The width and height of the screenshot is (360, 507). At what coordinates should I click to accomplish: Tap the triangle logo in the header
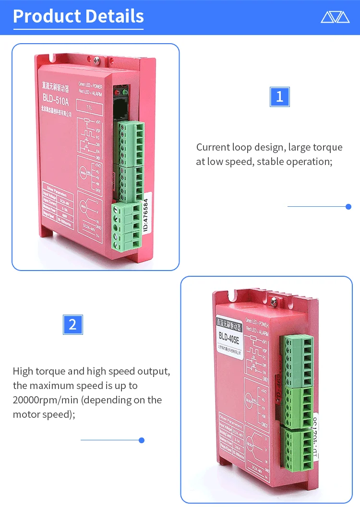335,17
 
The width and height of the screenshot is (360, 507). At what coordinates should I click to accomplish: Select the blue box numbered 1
280,96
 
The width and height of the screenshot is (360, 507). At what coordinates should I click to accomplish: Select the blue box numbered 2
73,324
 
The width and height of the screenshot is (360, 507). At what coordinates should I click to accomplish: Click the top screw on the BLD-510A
97,60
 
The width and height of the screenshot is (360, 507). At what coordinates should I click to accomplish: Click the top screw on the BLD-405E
274,301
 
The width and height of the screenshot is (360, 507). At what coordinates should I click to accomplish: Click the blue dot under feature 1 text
348,207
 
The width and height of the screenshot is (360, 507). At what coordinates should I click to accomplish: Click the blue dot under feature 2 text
142,440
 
